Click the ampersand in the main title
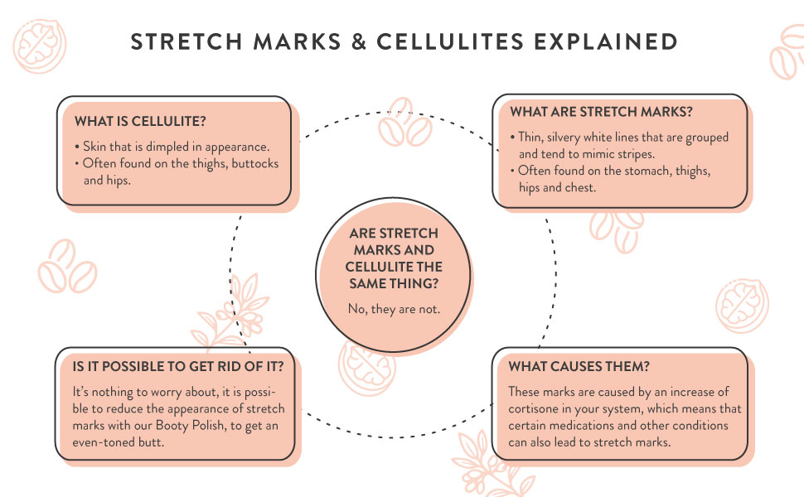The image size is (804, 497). tap(359, 41)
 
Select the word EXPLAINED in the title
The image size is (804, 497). tap(606, 41)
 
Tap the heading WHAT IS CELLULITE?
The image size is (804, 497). tap(140, 122)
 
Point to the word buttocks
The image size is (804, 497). tap(254, 163)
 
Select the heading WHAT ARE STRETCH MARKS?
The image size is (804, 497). tap(601, 112)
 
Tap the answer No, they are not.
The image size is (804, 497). tap(394, 309)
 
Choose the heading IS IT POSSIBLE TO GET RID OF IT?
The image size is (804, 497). tap(177, 366)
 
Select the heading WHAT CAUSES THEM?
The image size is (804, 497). tap(579, 366)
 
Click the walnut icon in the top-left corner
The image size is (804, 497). tap(40, 46)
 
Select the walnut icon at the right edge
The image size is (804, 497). tap(742, 306)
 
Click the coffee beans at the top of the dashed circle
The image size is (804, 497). tap(404, 123)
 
